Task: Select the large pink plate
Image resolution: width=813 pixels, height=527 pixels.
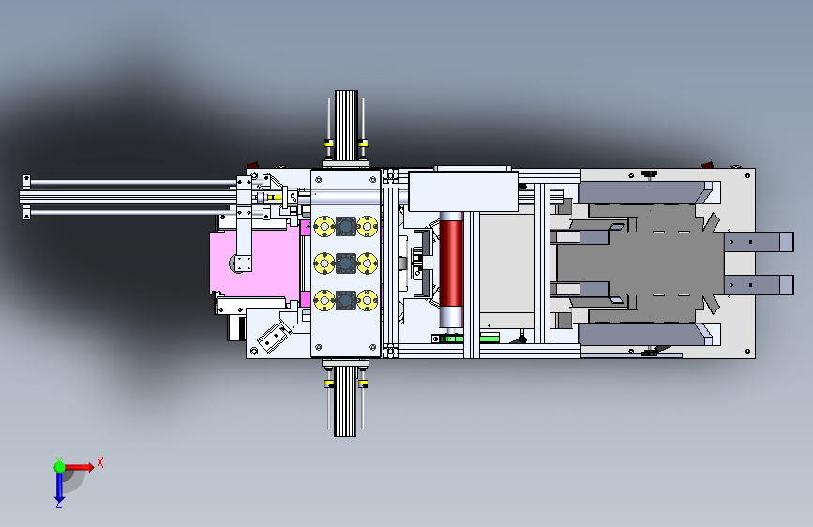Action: pos(255,263)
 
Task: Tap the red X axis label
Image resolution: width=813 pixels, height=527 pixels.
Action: pos(100,462)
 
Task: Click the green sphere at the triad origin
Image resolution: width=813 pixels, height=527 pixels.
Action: pos(60,467)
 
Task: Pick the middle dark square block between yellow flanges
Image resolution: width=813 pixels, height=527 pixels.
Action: pos(346,263)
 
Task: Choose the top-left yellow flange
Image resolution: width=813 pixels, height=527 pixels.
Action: pos(324,227)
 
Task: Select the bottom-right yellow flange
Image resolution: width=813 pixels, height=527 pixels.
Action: pos(367,300)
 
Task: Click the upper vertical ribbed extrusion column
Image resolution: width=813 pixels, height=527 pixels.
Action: pos(346,126)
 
